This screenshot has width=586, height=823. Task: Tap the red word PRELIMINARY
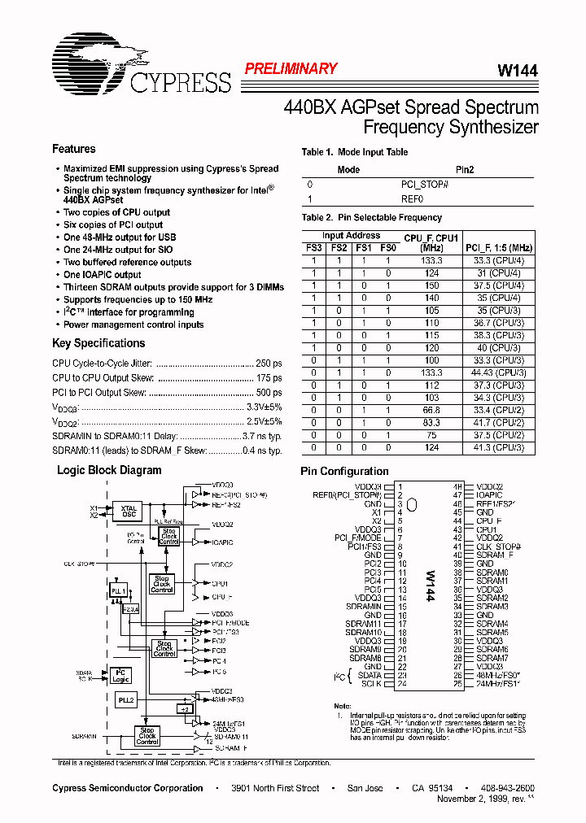tap(291, 69)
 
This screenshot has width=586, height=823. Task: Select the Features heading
tap(73, 149)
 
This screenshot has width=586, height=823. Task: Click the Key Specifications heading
tap(98, 343)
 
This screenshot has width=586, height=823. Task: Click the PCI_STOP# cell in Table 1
tap(425, 185)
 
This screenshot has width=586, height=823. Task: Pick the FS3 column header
tap(313, 247)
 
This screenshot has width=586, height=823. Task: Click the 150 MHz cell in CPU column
tap(431, 285)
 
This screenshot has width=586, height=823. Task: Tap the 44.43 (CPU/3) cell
tap(499, 372)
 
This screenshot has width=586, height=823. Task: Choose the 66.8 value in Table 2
tap(431, 411)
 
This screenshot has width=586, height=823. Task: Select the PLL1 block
tap(119, 590)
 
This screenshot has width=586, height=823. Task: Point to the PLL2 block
tap(125, 699)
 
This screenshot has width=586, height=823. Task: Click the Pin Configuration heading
tap(344, 471)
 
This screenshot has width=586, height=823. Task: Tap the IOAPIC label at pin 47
tap(490, 494)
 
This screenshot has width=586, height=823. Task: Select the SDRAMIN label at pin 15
tap(363, 606)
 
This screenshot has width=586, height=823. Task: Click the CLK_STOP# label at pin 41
tap(498, 546)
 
